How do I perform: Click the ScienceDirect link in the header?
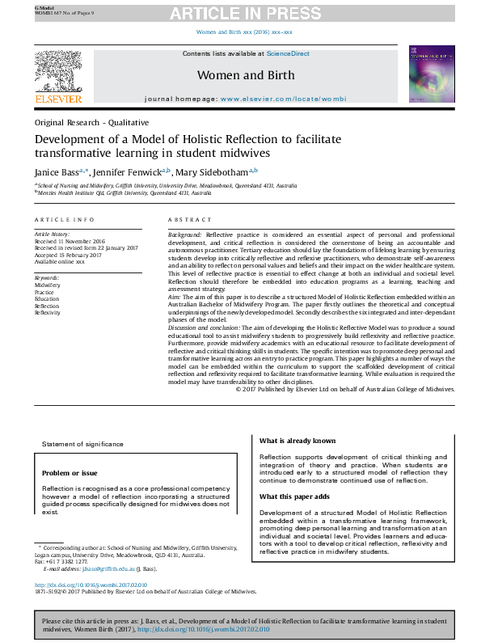tap(289, 53)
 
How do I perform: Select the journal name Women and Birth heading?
tap(246, 76)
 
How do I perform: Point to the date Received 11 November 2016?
tap(70, 241)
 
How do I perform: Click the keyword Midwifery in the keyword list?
tap(47, 285)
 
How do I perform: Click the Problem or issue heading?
tap(70, 473)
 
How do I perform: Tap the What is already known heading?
tap(297, 441)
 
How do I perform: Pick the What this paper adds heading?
tap(294, 496)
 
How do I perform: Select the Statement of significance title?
tap(83, 444)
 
